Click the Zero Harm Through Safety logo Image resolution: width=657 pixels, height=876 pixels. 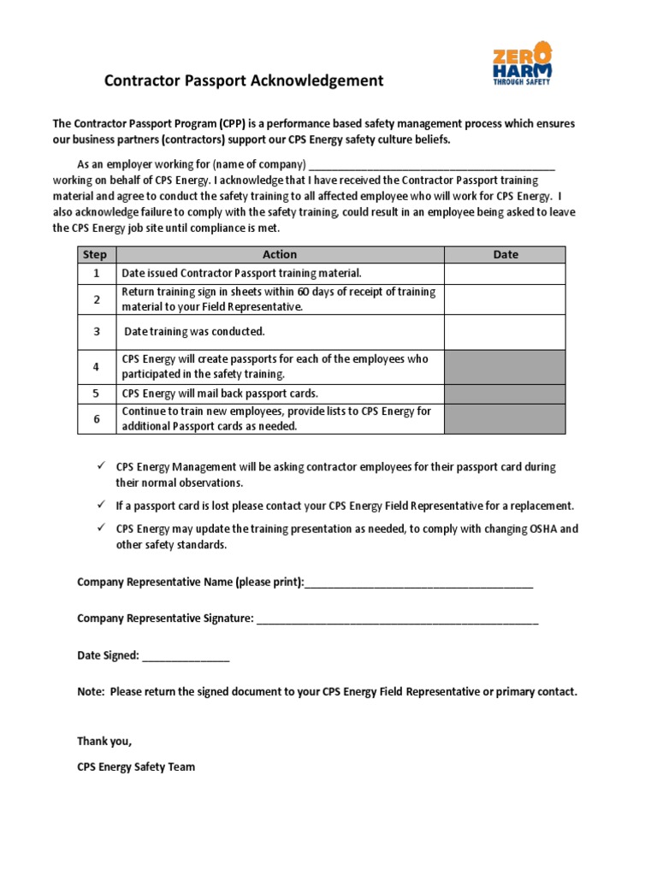[521, 67]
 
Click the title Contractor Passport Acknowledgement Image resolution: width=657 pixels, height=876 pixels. [244, 81]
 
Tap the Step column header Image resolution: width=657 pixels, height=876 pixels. [96, 254]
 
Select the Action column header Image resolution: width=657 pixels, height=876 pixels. [280, 254]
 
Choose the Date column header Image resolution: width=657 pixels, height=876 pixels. [505, 254]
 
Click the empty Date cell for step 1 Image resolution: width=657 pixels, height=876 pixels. [505, 273]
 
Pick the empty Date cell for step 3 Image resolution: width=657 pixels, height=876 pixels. [505, 331]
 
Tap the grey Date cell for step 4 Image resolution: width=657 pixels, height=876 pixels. [505, 366]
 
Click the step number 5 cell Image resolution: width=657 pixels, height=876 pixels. [96, 394]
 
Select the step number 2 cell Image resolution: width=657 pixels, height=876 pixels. [96, 299]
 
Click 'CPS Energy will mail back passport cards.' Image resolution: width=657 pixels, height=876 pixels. [220, 394]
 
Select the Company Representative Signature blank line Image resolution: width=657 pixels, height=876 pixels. [397, 619]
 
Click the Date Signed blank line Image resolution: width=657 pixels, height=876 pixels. [186, 656]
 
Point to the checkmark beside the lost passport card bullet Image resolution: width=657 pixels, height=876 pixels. [100, 505]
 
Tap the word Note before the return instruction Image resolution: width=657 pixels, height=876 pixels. [90, 691]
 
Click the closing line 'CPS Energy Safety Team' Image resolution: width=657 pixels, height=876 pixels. [136, 766]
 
